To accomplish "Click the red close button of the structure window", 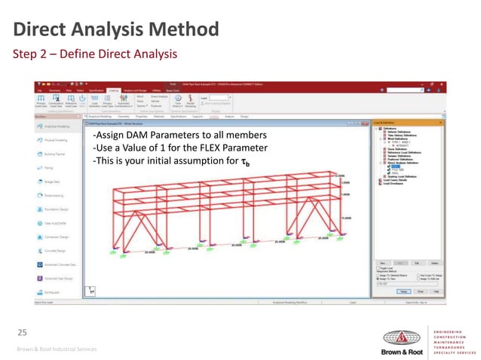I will coord(368,122).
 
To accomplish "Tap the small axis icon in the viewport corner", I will coord(90,289).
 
